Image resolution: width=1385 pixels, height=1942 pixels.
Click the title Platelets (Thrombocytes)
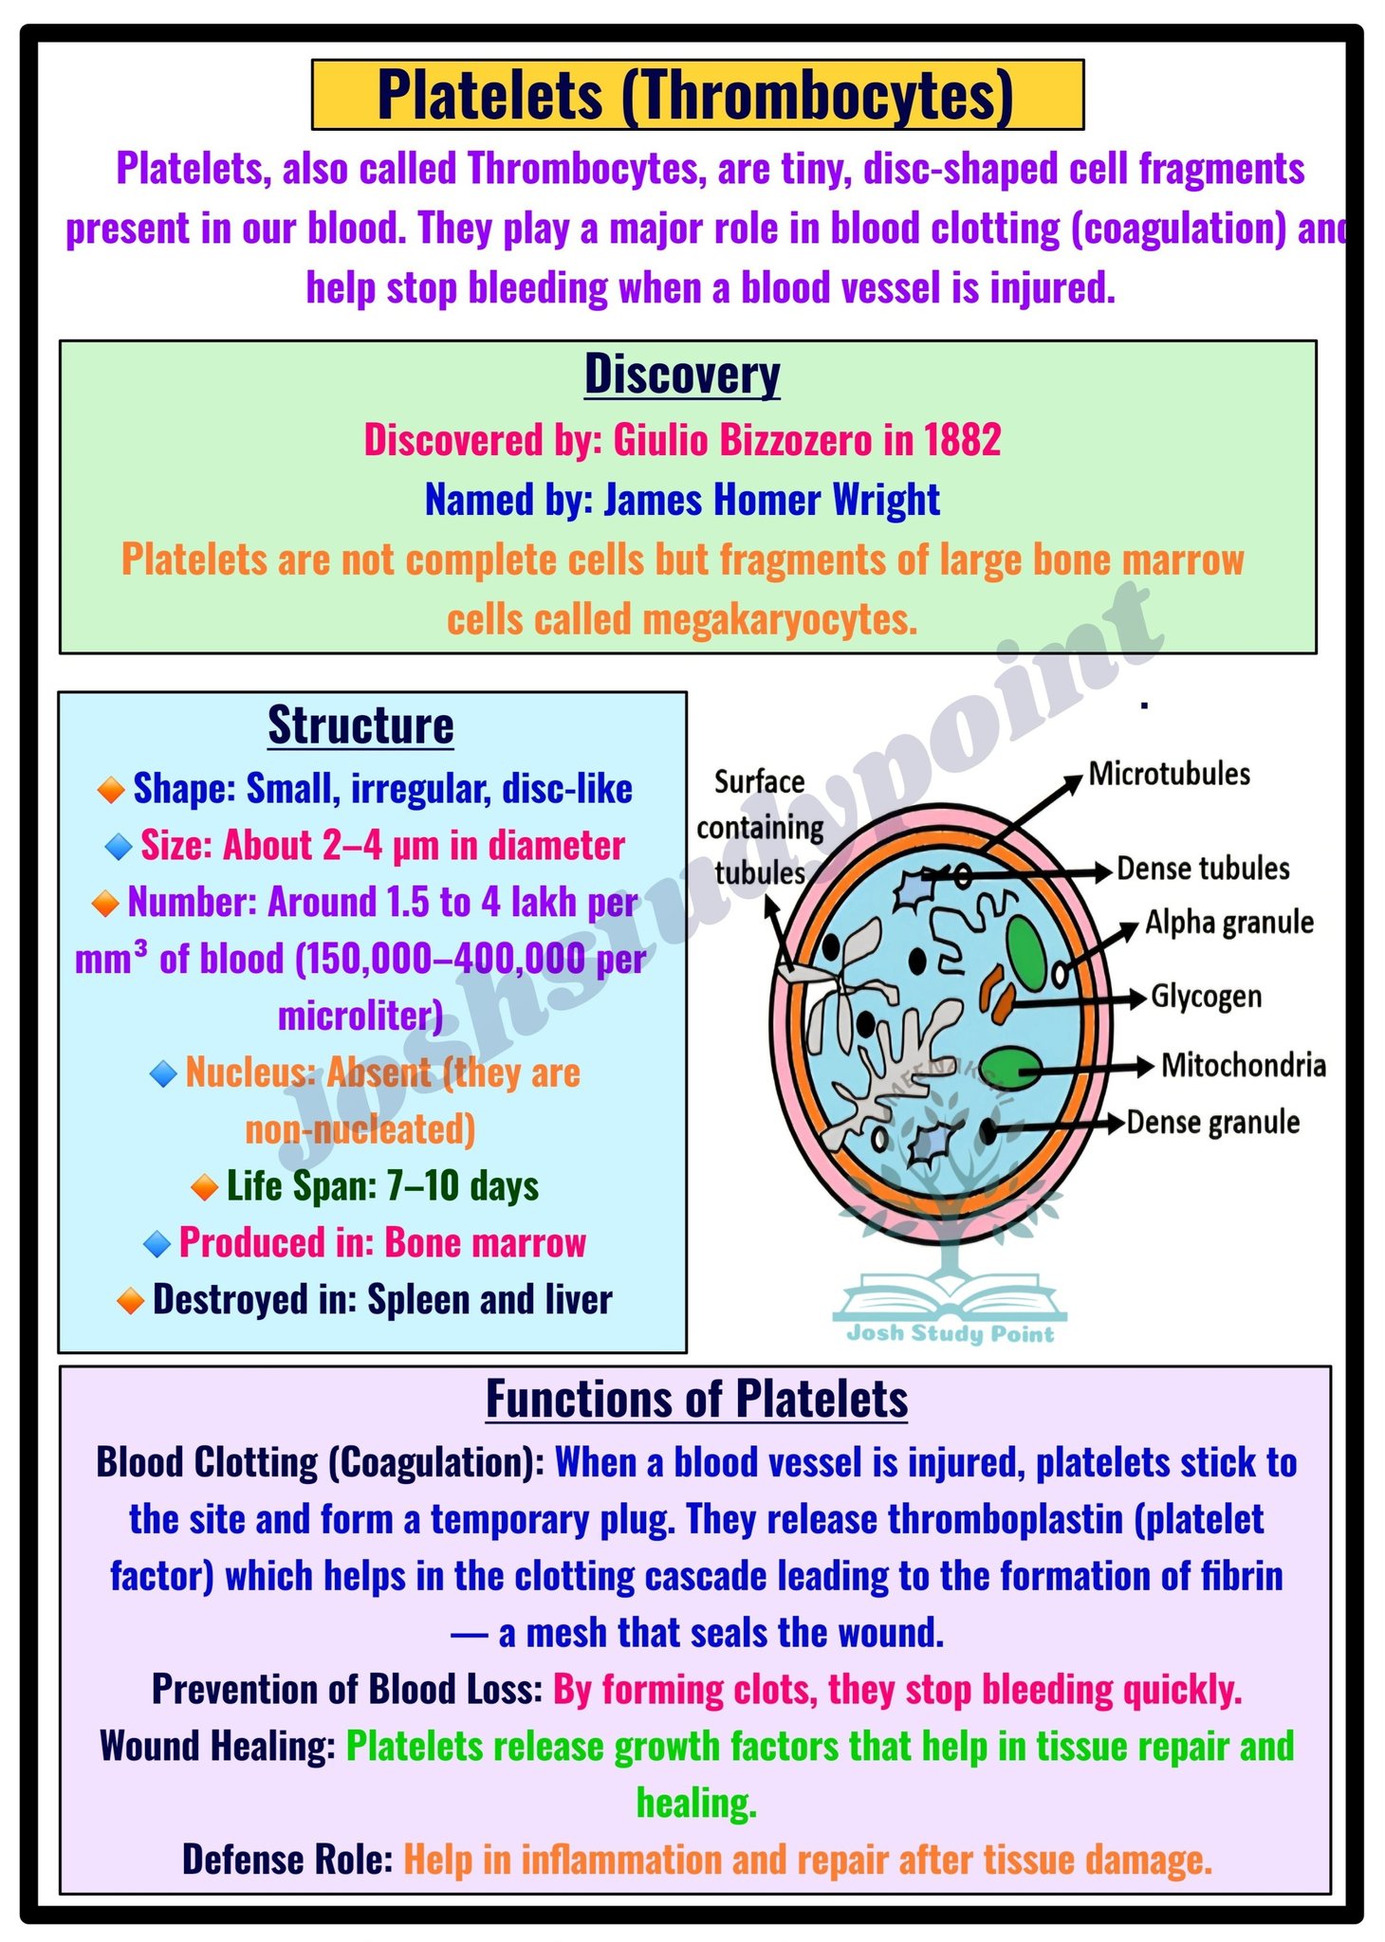click(x=695, y=95)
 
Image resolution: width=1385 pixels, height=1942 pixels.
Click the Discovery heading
click(x=682, y=375)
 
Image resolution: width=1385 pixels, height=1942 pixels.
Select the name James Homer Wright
click(x=771, y=500)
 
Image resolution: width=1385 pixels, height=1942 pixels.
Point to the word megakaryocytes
click(x=780, y=620)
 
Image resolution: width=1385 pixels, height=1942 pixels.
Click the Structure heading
click(x=360, y=725)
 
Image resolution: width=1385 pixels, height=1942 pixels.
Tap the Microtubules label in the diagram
click(x=1169, y=774)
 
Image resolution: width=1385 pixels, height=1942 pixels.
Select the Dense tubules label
click(x=1203, y=869)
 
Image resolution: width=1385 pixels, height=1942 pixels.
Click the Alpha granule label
click(x=1229, y=923)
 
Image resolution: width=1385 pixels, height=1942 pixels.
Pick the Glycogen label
click(x=1207, y=997)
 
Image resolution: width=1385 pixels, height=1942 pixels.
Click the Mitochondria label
click(x=1244, y=1066)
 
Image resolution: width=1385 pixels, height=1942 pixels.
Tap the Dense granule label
click(x=1213, y=1123)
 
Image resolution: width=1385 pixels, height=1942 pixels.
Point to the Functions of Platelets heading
click(x=696, y=1399)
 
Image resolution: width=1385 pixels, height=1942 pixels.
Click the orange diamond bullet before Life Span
click(x=204, y=1186)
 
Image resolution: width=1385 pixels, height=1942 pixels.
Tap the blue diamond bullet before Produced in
click(x=157, y=1244)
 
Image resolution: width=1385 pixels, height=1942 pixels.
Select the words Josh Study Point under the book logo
click(x=950, y=1334)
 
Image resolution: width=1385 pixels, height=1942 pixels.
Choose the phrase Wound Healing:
click(x=217, y=1746)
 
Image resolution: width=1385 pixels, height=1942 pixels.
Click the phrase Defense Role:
click(x=287, y=1860)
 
